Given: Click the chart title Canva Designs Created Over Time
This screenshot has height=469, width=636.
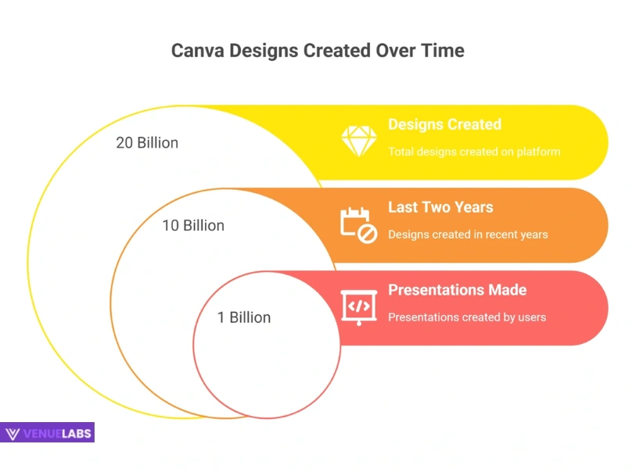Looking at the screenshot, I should tap(318, 51).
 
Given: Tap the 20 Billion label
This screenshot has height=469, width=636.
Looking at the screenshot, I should tap(147, 143).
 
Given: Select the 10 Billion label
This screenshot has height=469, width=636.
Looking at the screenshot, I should tap(193, 225).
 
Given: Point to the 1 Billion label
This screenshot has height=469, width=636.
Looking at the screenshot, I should tap(244, 317).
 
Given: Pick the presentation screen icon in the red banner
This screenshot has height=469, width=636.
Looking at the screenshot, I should tap(359, 306).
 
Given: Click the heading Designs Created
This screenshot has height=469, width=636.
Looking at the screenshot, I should tap(444, 124).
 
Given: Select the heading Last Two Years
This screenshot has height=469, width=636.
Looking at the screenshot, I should tap(440, 207).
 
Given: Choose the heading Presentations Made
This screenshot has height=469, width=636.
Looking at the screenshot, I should tap(457, 290).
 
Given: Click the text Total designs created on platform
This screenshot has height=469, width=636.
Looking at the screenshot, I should tap(474, 152).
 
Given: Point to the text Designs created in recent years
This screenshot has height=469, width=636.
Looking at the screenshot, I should tap(468, 234).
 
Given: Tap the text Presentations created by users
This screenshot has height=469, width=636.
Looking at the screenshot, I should tap(467, 317).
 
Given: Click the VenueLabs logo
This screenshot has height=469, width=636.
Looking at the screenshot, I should tap(48, 432).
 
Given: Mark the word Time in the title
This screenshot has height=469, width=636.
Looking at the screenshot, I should tap(444, 51).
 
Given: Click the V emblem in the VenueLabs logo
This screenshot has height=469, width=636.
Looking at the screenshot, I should tap(13, 433).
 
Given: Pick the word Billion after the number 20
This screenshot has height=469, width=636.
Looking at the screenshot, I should tap(158, 143).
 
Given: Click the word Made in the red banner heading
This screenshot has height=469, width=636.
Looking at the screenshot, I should tap(507, 290).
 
